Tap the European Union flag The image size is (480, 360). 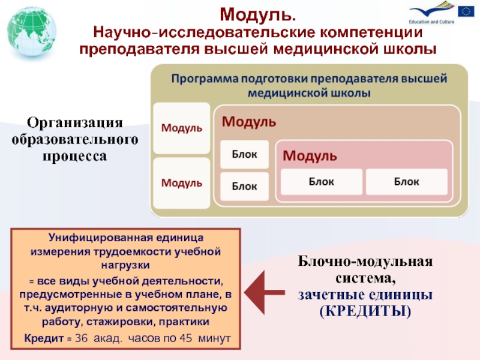466,11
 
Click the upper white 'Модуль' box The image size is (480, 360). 181,128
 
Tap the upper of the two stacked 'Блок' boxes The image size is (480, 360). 245,155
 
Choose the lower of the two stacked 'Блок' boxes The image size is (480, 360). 245,187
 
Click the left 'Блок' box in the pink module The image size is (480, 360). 322,181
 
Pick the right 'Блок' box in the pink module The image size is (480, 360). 407,181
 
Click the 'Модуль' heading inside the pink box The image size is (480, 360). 310,156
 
